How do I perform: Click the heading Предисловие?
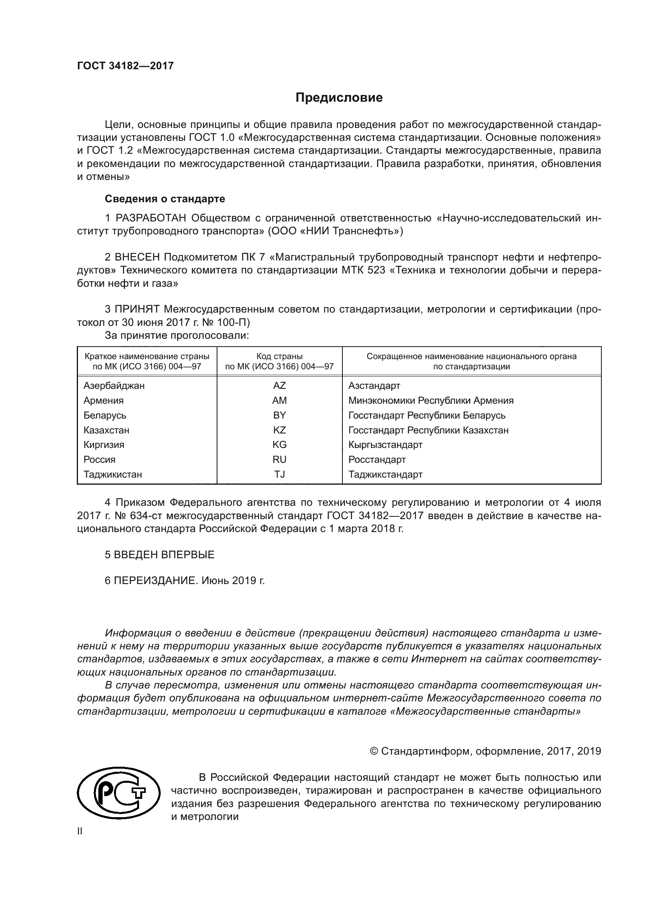point(339,98)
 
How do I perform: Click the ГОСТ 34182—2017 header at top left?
point(125,66)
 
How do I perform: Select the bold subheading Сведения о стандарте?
point(165,198)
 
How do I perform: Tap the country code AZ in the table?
point(279,385)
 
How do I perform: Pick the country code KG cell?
point(279,444)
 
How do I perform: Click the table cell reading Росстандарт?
point(376,460)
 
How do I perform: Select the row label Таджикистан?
point(112,474)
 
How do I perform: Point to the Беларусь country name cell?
point(105,415)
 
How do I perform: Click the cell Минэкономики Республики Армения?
point(431,400)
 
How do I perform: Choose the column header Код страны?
point(279,356)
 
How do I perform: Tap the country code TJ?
point(279,474)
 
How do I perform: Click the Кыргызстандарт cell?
point(385,444)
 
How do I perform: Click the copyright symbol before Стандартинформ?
point(374,751)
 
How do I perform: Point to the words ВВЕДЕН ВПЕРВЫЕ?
point(164,555)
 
